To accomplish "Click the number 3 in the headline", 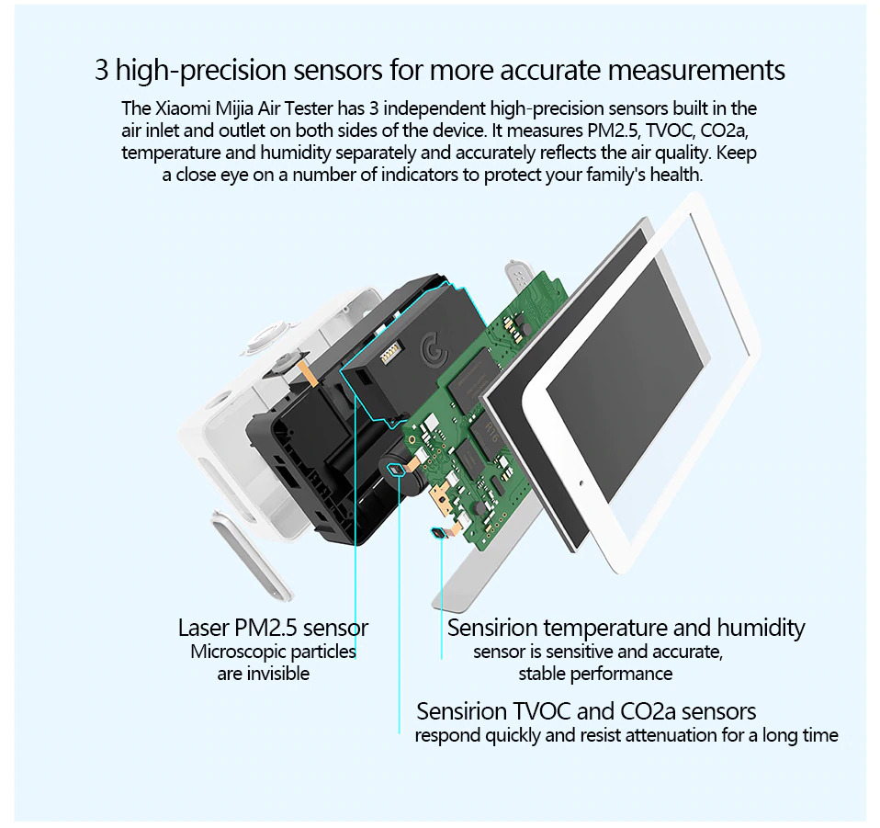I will (x=102, y=70).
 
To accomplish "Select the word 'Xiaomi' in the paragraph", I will (x=182, y=108).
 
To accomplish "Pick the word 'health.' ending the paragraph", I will (x=676, y=175).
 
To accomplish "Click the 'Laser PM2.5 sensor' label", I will (x=273, y=628).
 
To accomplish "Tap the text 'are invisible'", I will (x=263, y=674).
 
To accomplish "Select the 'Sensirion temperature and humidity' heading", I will (x=626, y=628).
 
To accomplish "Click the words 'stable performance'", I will (x=595, y=674).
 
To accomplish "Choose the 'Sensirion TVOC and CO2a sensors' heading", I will (x=586, y=711).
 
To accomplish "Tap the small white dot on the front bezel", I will (x=582, y=481).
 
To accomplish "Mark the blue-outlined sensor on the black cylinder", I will (x=397, y=471).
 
